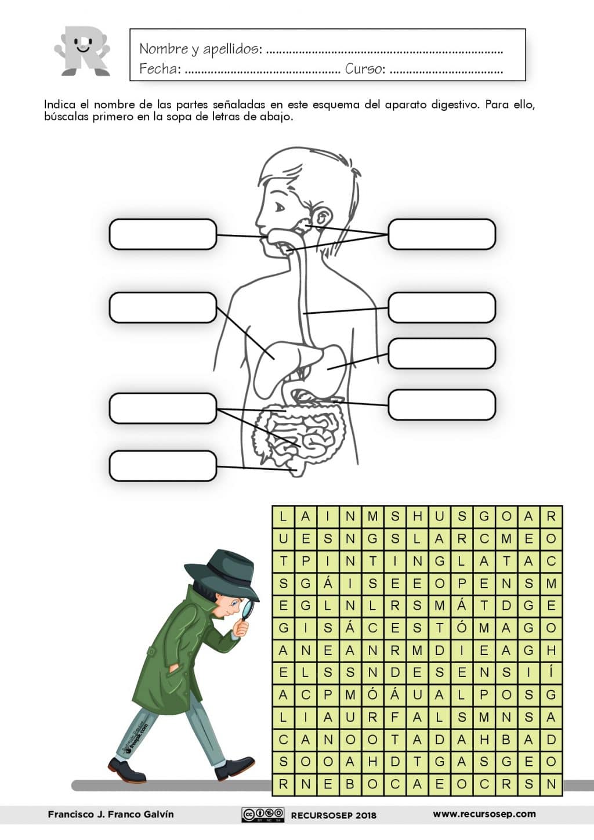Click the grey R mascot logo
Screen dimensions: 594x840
point(82,51)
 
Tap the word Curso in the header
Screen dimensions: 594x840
point(364,69)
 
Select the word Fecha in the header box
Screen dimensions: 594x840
point(160,69)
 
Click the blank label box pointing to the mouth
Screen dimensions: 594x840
point(163,234)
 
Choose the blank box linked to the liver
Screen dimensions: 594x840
point(163,307)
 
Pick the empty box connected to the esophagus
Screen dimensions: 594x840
point(442,307)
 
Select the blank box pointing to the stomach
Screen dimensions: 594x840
point(442,353)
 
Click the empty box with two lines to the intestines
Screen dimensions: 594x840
point(163,408)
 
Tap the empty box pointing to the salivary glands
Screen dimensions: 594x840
point(442,234)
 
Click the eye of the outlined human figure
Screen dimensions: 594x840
point(279,207)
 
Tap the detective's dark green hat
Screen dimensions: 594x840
point(221,573)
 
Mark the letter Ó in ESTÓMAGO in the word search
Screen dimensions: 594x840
point(462,627)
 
